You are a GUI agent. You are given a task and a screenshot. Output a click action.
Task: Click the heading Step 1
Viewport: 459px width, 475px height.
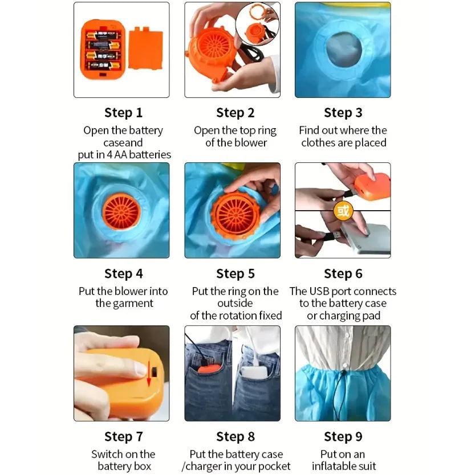[x=123, y=113]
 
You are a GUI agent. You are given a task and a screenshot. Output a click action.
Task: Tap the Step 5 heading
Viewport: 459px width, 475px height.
[x=235, y=273]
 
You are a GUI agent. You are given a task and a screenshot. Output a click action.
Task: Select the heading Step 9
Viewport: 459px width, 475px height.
[x=343, y=436]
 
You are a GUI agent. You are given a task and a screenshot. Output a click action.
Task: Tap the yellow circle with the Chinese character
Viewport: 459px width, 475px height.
[x=343, y=210]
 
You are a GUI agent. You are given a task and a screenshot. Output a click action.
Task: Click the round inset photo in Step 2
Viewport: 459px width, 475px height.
[x=257, y=24]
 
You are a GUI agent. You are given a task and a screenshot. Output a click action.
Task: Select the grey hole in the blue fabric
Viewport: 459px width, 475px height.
[x=344, y=50]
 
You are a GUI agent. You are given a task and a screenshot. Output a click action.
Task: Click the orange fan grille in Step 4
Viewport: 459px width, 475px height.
[x=121, y=211]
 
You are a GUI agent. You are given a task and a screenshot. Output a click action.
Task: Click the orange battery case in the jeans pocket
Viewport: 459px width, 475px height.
[x=209, y=369]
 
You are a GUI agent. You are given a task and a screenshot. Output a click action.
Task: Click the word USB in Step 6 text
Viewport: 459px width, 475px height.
[x=319, y=291]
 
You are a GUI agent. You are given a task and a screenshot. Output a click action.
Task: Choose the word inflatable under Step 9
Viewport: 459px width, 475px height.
[x=334, y=466]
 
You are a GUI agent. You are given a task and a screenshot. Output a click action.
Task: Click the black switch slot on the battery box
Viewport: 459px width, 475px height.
[x=154, y=372]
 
